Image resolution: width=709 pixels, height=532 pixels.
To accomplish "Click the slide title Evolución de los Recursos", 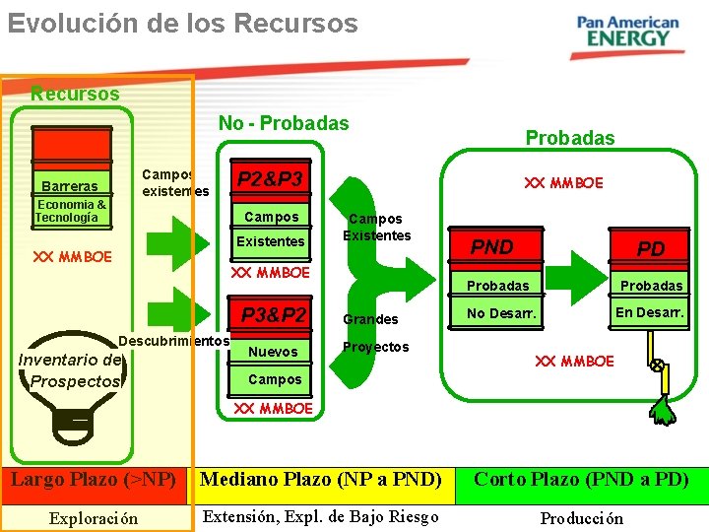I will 183,23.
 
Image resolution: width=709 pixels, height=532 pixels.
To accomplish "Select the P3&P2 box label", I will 275,315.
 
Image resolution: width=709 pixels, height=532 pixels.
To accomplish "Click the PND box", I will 492,247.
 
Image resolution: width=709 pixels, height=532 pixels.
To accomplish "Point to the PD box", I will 651,249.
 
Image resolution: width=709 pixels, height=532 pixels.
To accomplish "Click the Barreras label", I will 70,186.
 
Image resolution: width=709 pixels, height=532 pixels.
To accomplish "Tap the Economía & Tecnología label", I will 70,211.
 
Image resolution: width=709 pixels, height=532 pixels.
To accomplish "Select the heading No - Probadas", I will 284,123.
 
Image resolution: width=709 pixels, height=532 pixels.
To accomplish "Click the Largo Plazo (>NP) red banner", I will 94,480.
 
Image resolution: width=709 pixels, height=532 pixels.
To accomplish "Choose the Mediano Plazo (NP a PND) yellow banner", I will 321,480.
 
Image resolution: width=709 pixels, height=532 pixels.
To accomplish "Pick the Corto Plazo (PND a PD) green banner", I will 581,480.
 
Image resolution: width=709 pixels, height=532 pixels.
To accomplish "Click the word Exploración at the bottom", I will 94,518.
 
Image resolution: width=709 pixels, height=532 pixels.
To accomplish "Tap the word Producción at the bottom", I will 581,518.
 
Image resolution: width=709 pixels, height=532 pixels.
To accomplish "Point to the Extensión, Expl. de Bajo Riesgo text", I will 320,516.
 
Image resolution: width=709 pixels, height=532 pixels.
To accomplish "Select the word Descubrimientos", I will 173,341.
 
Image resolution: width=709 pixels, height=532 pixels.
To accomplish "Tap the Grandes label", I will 370,319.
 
